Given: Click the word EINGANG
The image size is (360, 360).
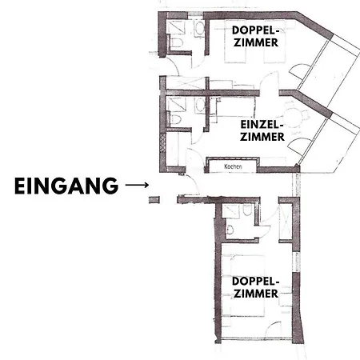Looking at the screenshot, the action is (66, 186).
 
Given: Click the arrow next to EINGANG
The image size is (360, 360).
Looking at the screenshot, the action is (137, 185).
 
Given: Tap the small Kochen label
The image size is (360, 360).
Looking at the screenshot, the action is (233, 166).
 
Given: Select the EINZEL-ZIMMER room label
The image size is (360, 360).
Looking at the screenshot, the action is (262, 130).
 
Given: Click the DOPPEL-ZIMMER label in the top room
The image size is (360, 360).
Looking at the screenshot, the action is (255, 36).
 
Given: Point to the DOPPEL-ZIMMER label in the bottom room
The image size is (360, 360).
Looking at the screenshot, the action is (255, 287).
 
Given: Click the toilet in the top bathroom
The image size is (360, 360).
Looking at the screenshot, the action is (176, 42).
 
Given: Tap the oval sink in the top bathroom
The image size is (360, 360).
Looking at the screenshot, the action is (199, 29).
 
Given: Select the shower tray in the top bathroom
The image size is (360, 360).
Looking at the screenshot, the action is (176, 27).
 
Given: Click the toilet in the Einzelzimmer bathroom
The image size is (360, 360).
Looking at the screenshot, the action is (176, 119).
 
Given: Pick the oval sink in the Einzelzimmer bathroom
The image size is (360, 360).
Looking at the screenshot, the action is (199, 105).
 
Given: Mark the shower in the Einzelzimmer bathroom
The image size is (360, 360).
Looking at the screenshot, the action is (176, 104).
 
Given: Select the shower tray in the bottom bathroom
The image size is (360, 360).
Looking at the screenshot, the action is (232, 211).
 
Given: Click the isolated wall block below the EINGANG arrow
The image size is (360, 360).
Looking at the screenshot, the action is (154, 200).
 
